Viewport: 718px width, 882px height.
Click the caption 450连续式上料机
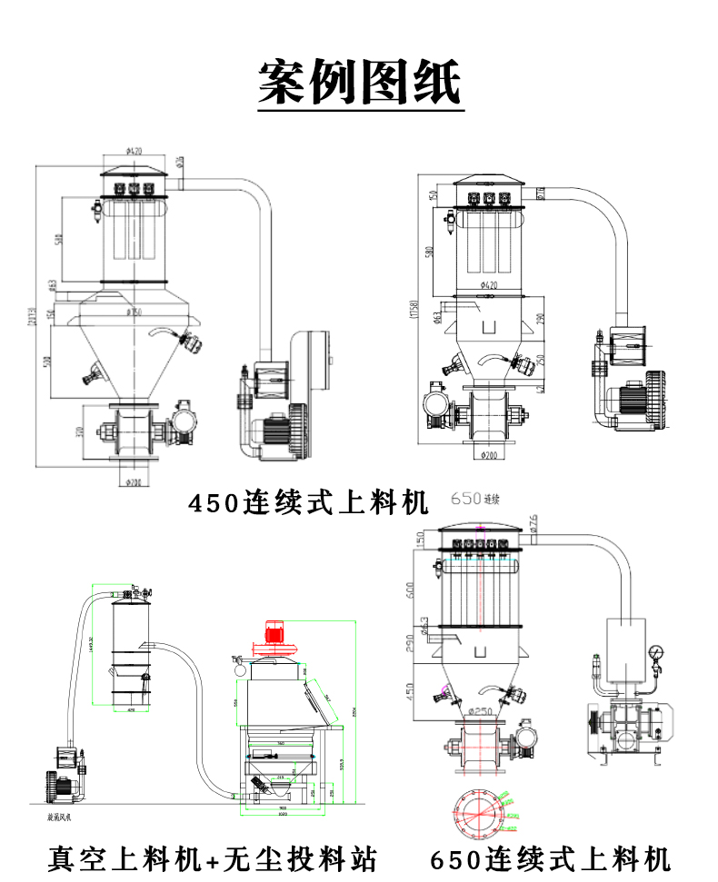point(308,502)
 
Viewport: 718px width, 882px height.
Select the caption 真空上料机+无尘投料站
point(211,857)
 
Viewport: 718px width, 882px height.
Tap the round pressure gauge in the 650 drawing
point(655,652)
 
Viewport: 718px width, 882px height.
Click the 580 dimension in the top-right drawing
point(427,249)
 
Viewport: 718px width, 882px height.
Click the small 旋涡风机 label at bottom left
point(60,817)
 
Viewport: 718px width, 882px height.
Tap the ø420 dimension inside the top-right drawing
point(489,284)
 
